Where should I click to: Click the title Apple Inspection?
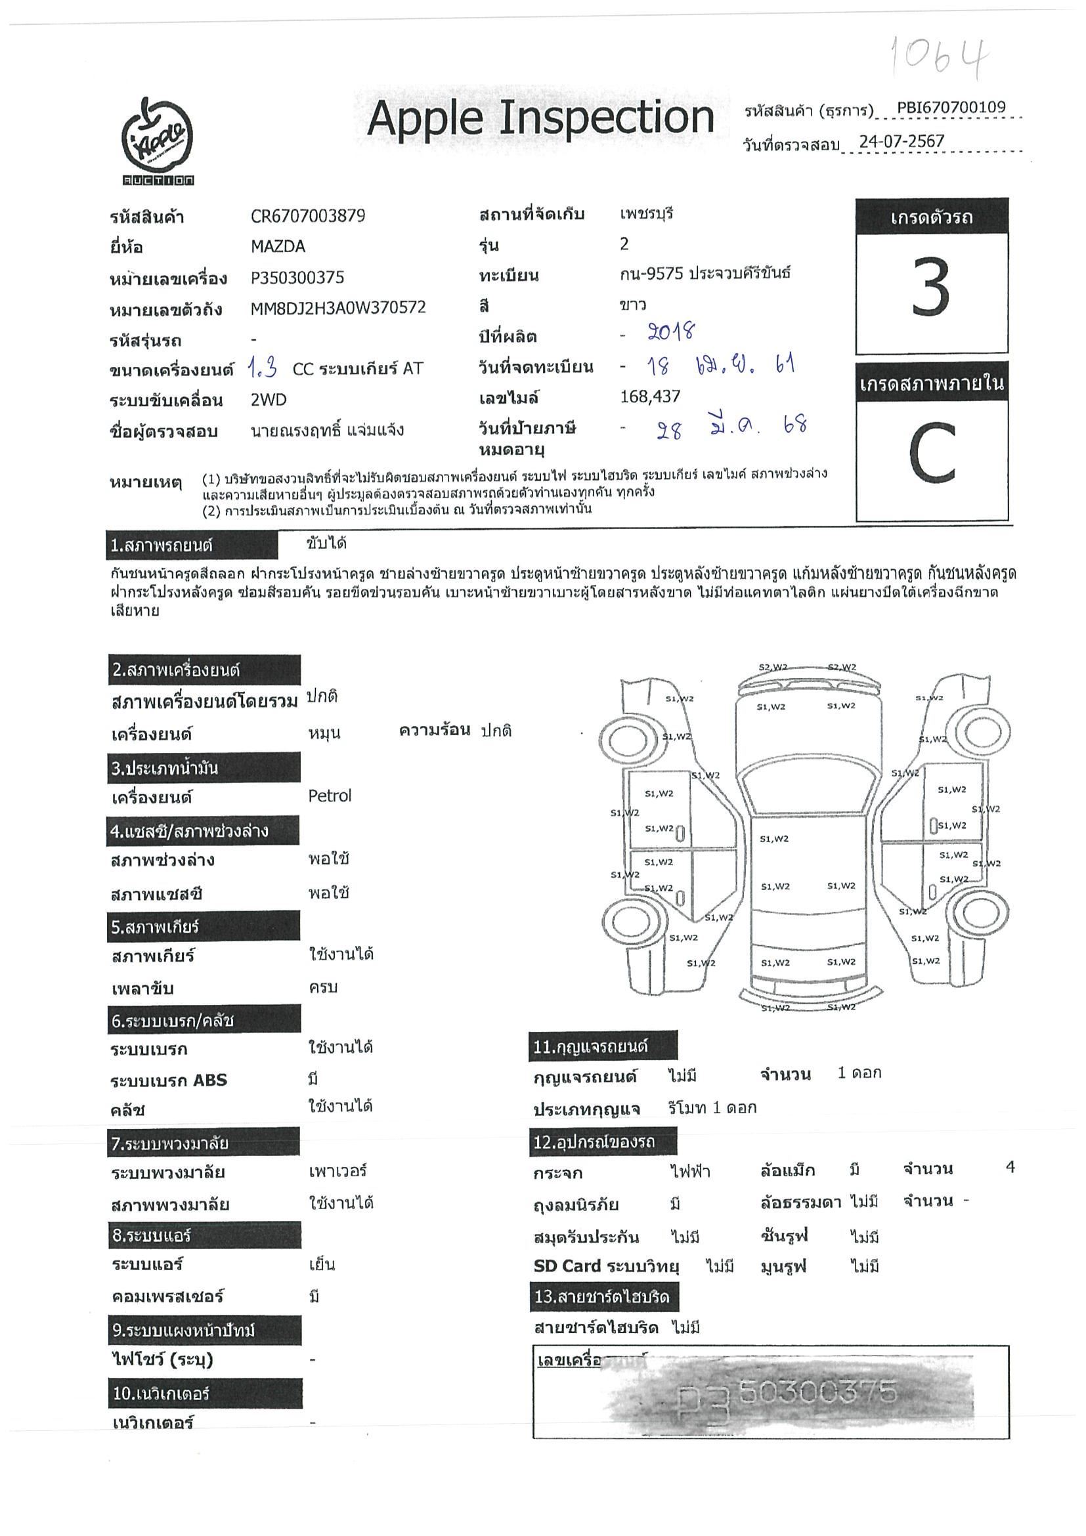tap(540, 118)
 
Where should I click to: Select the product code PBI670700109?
tap(951, 108)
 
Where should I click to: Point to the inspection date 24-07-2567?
tap(901, 142)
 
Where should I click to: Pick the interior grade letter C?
tap(932, 453)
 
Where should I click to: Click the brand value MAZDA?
tap(278, 246)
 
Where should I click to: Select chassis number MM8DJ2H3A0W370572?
tap(338, 309)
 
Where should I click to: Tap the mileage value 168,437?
tap(651, 396)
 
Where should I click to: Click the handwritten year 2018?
tap(671, 333)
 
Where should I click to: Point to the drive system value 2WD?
tap(269, 400)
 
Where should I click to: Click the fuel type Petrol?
tap(329, 796)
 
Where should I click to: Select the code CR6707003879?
tap(308, 215)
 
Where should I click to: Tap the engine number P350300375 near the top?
tap(297, 278)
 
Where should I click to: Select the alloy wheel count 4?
tap(1010, 1167)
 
